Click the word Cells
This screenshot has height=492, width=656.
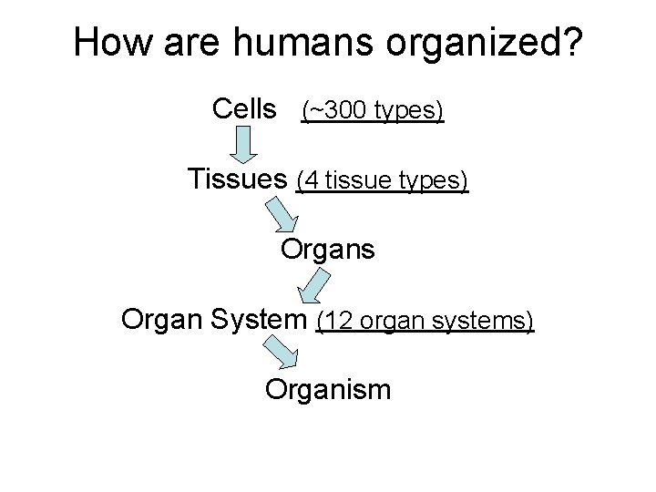point(243,110)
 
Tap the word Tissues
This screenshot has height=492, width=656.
point(238,179)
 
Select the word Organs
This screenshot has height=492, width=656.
point(327,248)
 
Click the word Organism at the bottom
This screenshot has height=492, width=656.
point(328,391)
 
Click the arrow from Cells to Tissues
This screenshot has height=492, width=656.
point(241,145)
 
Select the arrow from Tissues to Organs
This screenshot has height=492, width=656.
point(282,215)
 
